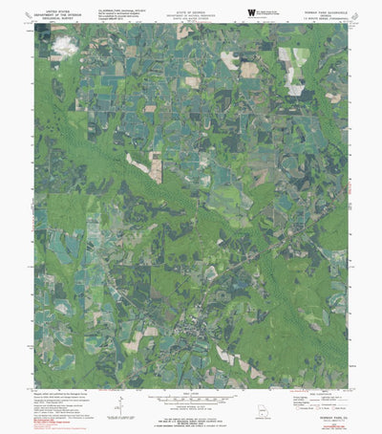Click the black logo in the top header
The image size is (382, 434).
(251, 11)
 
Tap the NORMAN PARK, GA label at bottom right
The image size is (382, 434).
(330, 400)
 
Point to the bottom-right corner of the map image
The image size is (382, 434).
(349, 388)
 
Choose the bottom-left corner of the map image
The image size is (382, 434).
(35, 388)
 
